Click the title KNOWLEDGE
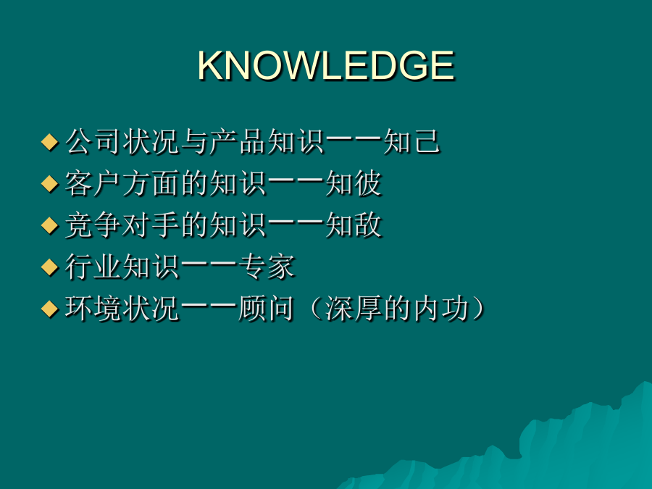click(x=326, y=65)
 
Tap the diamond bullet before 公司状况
click(x=49, y=142)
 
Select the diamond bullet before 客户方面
click(x=49, y=184)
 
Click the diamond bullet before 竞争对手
click(x=49, y=225)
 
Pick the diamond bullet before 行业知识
click(x=49, y=267)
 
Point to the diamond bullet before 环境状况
click(x=49, y=309)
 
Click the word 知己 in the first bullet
click(x=411, y=142)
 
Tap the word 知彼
click(x=353, y=183)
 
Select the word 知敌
click(x=353, y=225)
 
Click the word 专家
click(x=267, y=267)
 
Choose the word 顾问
click(x=267, y=309)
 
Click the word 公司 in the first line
click(x=93, y=142)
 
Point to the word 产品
click(x=238, y=142)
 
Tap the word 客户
click(x=93, y=183)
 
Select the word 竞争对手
click(x=122, y=225)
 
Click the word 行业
click(x=93, y=267)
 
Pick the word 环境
click(x=93, y=309)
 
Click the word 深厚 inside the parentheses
click(x=353, y=309)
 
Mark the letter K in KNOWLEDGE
click(x=209, y=65)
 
